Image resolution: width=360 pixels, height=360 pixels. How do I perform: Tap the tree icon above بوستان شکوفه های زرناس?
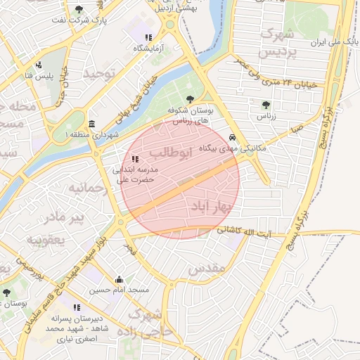coord(189,98)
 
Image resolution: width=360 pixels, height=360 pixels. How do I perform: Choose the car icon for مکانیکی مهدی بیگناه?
coord(232,138)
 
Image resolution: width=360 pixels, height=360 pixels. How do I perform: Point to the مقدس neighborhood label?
coord(207,269)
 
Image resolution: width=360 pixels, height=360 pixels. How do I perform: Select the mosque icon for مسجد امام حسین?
coord(118,279)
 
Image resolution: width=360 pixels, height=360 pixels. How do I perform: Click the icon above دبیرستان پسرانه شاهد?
coord(77,307)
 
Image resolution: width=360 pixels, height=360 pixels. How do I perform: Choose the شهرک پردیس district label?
coord(275,44)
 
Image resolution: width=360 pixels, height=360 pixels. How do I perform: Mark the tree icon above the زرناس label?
coord(264,105)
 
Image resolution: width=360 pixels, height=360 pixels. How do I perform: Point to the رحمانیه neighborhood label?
coord(87,189)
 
